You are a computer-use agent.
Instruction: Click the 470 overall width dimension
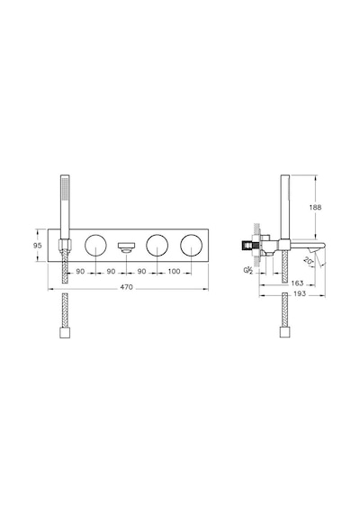coord(126,287)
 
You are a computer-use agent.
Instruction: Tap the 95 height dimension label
coord(38,246)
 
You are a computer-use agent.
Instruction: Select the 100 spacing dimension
coord(174,271)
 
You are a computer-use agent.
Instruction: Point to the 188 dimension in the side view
coord(315,207)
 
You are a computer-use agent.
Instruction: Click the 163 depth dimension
coord(297,283)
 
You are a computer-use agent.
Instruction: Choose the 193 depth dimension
coord(300,293)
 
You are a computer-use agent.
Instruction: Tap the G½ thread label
coord(247,270)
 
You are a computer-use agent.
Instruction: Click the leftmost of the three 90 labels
coord(80,271)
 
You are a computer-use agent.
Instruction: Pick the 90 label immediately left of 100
coord(141,271)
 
